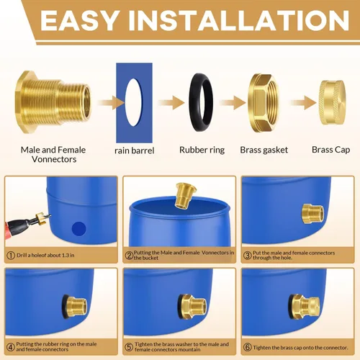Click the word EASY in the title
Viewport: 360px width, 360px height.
(79, 21)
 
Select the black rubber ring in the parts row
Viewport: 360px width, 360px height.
(201, 102)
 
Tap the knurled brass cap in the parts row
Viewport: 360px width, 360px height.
(333, 102)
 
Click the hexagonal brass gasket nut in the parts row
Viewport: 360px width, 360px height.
(265, 102)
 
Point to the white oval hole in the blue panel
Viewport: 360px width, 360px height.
(133, 102)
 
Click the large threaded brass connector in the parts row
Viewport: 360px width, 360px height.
(53, 102)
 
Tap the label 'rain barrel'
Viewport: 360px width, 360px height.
(135, 150)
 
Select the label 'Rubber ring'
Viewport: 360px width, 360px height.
(202, 150)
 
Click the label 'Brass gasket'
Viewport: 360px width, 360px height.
(264, 150)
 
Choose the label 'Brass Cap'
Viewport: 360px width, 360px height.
(330, 150)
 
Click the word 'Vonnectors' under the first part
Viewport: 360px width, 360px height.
(54, 159)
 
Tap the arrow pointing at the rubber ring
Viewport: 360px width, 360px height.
(171, 103)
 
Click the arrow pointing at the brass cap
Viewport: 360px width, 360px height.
(304, 103)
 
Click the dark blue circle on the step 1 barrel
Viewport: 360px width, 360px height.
(79, 228)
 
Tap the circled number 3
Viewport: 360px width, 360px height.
(247, 256)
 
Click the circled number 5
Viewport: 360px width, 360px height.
(129, 347)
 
